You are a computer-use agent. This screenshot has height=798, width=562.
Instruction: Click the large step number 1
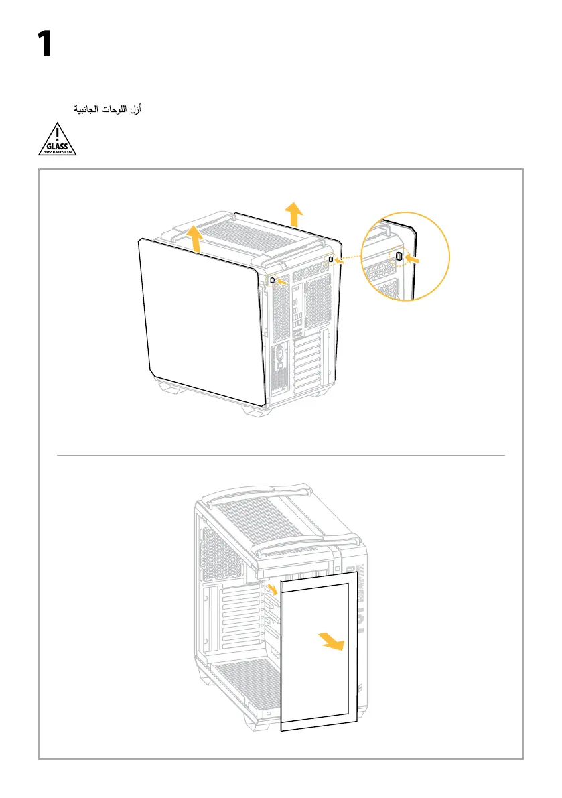click(x=44, y=44)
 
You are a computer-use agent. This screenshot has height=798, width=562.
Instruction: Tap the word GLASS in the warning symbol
click(x=57, y=144)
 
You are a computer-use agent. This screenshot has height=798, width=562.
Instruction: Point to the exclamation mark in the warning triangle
click(x=58, y=131)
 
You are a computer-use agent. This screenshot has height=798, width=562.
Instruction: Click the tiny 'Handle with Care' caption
click(x=57, y=151)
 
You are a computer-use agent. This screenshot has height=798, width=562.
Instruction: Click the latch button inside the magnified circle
click(x=399, y=256)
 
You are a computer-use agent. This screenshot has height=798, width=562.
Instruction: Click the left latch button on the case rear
click(x=273, y=280)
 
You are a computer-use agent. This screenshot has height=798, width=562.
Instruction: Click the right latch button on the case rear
click(x=331, y=259)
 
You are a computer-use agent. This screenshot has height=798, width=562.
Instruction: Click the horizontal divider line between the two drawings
click(x=281, y=455)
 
